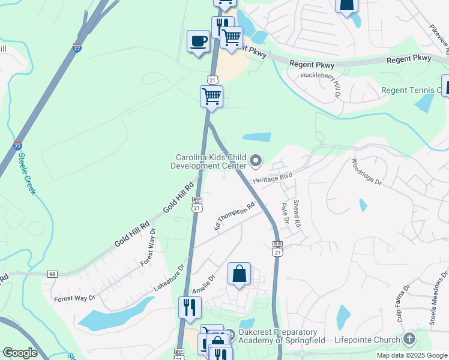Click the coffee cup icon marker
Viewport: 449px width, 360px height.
tap(197, 41)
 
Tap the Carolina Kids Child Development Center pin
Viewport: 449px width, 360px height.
tap(256, 160)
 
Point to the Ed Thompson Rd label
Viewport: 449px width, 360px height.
tap(235, 215)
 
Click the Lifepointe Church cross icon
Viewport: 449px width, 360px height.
tap(409, 340)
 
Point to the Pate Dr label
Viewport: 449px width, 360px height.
tap(285, 214)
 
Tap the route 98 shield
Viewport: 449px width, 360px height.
tap(52, 274)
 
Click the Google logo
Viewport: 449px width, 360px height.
tap(20, 353)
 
